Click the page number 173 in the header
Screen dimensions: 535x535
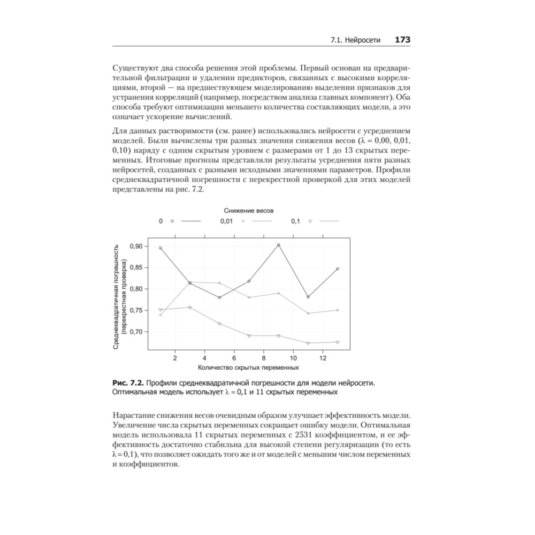tap(402, 40)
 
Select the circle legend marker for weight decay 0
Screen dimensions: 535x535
tap(172, 221)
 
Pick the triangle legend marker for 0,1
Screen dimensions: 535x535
tap(310, 221)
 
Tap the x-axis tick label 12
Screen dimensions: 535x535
tap(323, 357)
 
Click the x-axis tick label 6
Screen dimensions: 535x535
tap(234, 357)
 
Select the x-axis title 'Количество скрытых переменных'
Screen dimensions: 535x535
tap(248, 368)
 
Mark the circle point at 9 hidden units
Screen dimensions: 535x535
tap(278, 245)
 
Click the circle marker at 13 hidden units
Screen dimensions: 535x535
tap(338, 269)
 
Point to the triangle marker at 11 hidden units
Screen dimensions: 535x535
tap(308, 343)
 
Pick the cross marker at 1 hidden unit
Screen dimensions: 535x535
tap(160, 315)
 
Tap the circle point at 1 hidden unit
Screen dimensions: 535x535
tap(160, 248)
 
